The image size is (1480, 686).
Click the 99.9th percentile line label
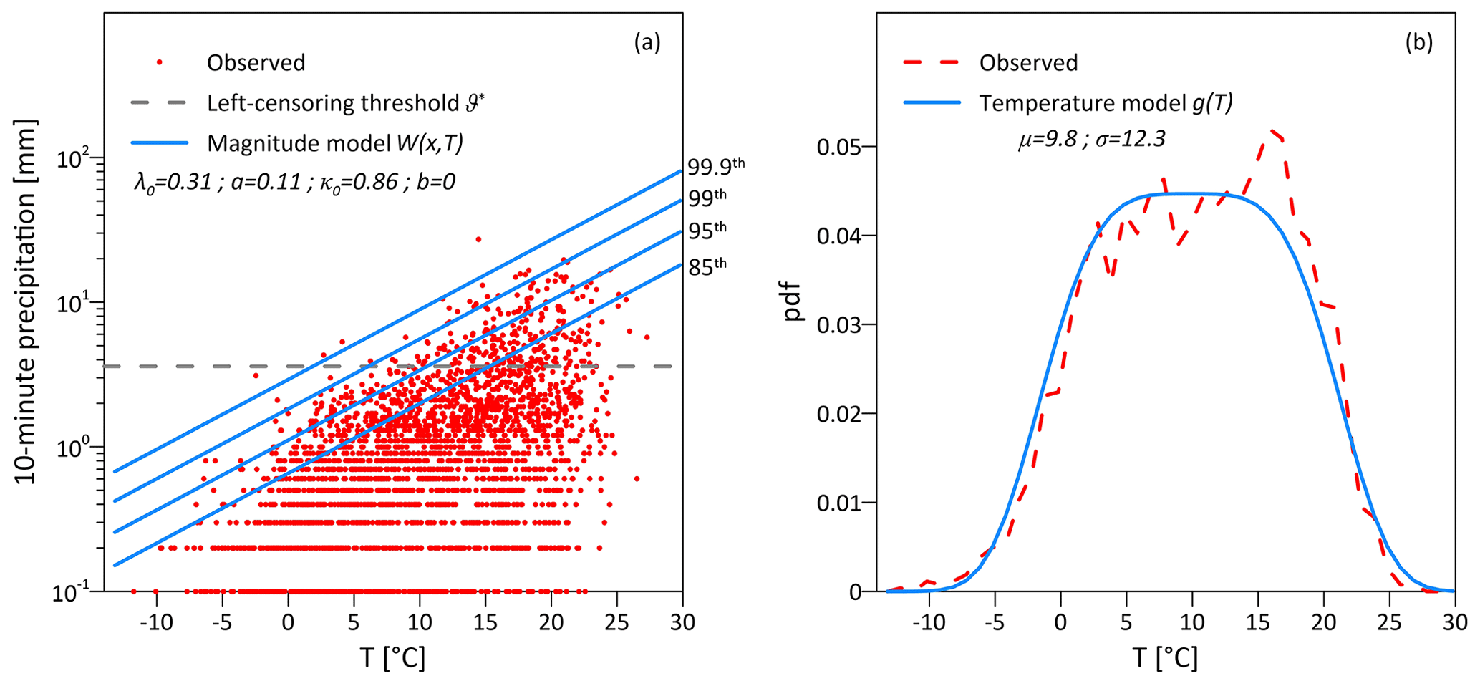tap(715, 166)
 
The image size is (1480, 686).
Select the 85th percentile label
tap(707, 266)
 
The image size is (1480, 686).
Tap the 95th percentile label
tap(707, 231)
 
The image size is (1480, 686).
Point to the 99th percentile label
tap(707, 197)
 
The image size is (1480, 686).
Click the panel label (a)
tap(647, 43)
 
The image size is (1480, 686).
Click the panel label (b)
tap(1418, 43)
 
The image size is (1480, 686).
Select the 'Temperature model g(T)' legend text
tap(1106, 104)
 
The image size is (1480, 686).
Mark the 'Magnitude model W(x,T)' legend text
tap(334, 143)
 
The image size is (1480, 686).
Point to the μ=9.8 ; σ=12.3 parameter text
tap(1091, 139)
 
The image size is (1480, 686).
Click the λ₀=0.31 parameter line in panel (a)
tap(294, 182)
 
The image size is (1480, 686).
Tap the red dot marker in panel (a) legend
tap(160, 63)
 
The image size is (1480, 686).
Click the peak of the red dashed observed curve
tap(1272, 130)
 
